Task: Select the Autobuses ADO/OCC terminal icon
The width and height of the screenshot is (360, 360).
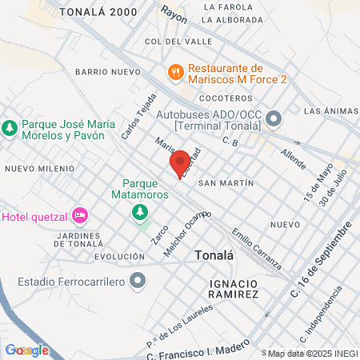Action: pos(274,120)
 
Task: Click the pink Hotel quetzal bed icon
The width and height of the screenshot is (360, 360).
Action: pos(79,215)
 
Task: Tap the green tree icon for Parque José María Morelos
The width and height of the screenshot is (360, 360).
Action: pos(10,128)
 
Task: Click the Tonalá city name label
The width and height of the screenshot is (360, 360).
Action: pos(215,255)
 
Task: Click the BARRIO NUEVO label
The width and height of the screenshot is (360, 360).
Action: pos(108,72)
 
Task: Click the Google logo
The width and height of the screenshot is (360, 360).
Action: pos(26,350)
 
